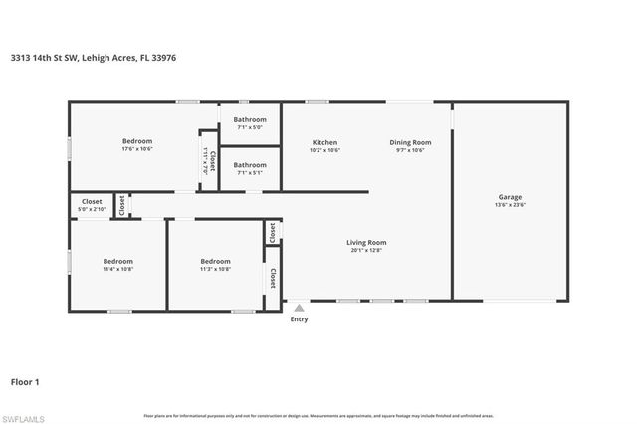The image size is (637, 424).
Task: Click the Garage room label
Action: (x=510, y=197)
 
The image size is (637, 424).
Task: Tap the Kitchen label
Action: (x=325, y=142)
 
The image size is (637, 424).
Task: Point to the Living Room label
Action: (x=366, y=242)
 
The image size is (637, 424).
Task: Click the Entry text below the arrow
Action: (x=299, y=319)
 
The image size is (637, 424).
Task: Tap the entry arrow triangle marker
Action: (x=299, y=307)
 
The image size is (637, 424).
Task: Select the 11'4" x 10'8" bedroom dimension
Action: (x=117, y=269)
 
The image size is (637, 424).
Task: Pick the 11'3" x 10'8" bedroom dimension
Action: (x=215, y=269)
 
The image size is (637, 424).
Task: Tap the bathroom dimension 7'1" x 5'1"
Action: (x=250, y=173)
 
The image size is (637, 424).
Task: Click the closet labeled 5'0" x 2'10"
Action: (x=92, y=210)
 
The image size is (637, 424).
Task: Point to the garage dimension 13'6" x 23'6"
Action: (x=510, y=206)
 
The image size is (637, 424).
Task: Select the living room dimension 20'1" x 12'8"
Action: (x=366, y=251)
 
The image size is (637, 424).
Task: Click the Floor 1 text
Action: (x=24, y=381)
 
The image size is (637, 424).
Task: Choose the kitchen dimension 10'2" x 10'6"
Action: (x=325, y=151)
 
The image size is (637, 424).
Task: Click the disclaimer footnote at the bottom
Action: (x=318, y=415)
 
